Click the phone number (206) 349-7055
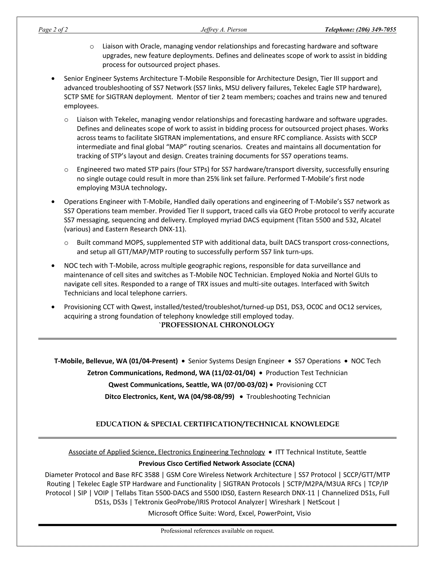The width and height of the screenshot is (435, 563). [x=376, y=30]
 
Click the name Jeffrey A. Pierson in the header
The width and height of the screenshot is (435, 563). [x=224, y=30]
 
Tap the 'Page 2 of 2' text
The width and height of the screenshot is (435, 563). [x=53, y=30]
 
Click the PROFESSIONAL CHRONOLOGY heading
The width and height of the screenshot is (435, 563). [x=217, y=325]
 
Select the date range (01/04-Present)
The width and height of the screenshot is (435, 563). [x=153, y=361]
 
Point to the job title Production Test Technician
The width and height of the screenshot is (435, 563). [x=306, y=373]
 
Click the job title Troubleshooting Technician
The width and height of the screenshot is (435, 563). [x=288, y=396]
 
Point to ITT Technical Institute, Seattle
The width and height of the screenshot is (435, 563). [x=321, y=452]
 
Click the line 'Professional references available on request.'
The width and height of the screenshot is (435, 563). [x=217, y=531]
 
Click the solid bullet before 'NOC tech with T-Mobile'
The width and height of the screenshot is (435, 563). [x=53, y=266]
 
